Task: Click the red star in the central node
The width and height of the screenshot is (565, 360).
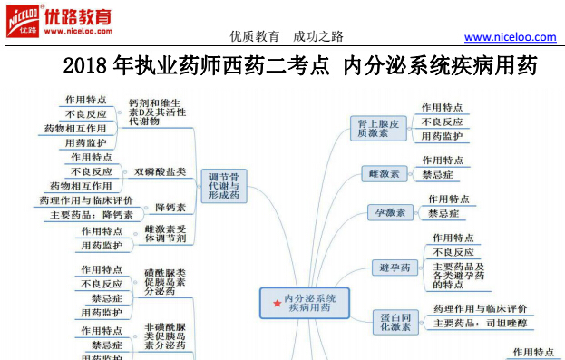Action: (x=278, y=304)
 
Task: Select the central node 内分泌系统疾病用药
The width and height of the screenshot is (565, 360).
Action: (x=305, y=303)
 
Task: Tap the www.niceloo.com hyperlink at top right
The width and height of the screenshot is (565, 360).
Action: (x=510, y=37)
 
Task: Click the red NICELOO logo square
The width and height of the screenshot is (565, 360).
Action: (x=23, y=21)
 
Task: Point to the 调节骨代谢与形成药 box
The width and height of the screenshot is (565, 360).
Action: (x=224, y=186)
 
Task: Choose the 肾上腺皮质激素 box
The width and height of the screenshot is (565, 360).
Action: (x=378, y=128)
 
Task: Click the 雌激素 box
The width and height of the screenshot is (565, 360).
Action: (x=385, y=174)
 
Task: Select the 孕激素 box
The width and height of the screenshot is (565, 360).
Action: (x=390, y=212)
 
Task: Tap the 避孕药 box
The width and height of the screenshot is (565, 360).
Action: (x=395, y=268)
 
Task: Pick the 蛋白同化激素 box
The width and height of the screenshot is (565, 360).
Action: (x=395, y=322)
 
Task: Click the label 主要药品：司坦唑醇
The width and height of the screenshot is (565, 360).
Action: (x=481, y=323)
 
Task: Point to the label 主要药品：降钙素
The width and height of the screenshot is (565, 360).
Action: (x=92, y=215)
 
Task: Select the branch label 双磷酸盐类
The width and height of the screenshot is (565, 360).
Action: (x=160, y=172)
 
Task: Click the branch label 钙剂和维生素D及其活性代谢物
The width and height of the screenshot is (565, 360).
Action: (x=157, y=112)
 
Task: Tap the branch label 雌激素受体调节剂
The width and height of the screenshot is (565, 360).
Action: (x=165, y=234)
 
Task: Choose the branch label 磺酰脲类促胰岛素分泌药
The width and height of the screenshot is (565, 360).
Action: (x=165, y=282)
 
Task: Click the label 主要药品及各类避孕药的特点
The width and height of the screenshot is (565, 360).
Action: (x=458, y=276)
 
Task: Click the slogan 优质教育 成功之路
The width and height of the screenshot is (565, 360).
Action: (x=287, y=36)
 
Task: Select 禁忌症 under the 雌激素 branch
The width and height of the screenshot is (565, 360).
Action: (x=437, y=175)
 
